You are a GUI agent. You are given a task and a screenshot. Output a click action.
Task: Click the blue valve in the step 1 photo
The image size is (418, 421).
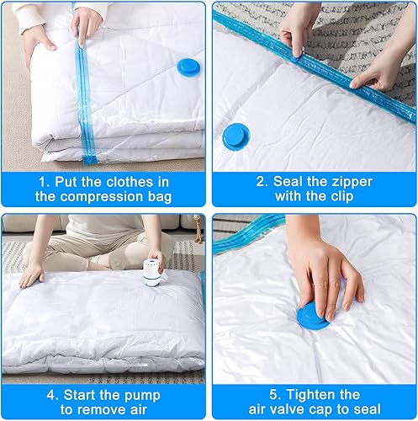coord(189,67)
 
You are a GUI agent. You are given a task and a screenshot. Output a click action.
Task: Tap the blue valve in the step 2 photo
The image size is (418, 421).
coord(235,136)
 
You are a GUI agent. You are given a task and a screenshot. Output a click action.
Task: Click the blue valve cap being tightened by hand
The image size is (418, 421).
coord(312,317)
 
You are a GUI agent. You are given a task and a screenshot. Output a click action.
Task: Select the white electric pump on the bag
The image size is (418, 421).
coord(153,272)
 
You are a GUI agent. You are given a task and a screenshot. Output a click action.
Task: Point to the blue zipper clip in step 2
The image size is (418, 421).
coord(295,58)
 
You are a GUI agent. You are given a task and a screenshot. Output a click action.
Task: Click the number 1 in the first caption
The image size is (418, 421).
coord(44,182)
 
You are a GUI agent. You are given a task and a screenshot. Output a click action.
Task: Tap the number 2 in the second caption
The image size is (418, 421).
coord(262,182)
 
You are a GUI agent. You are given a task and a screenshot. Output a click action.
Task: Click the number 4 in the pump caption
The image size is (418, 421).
coord(52,395)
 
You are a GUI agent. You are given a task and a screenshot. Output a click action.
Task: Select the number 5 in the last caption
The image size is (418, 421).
coord(275,394)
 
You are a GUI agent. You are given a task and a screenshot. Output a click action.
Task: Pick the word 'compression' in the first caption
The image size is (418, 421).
coord(101,197)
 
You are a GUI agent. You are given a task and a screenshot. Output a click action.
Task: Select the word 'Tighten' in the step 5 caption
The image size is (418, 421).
coord(323,394)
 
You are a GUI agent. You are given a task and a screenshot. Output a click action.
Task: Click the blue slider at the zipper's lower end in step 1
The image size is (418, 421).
coord(90,160)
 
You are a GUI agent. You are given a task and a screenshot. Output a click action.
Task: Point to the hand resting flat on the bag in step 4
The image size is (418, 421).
coord(32,274)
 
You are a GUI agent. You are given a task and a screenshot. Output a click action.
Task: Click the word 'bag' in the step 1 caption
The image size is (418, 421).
coord(160,197)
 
